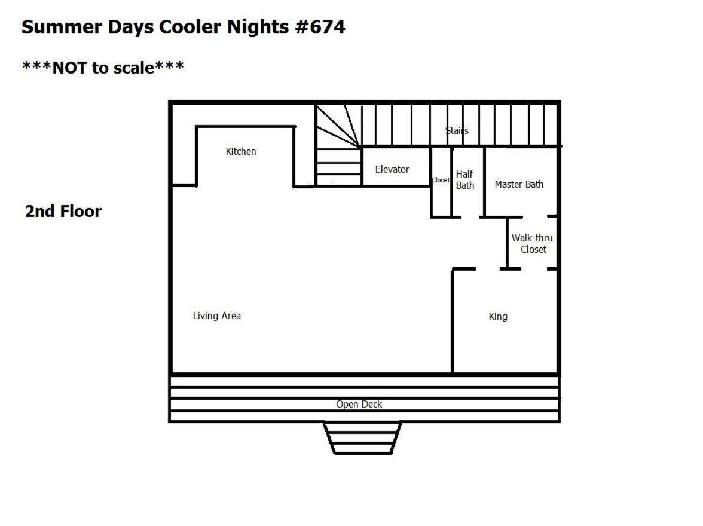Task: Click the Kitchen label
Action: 241,152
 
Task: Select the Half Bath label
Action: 465,179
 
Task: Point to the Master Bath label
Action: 519,184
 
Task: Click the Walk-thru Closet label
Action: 532,243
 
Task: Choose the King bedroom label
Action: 498,317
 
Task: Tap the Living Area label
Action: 217,316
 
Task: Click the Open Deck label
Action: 359,404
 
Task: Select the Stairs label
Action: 457,130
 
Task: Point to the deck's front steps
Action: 362,438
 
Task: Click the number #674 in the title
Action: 320,27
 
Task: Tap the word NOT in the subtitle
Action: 69,68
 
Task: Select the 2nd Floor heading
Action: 63,211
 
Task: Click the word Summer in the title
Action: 62,27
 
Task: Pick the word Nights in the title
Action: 257,27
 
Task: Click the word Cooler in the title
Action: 191,27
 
